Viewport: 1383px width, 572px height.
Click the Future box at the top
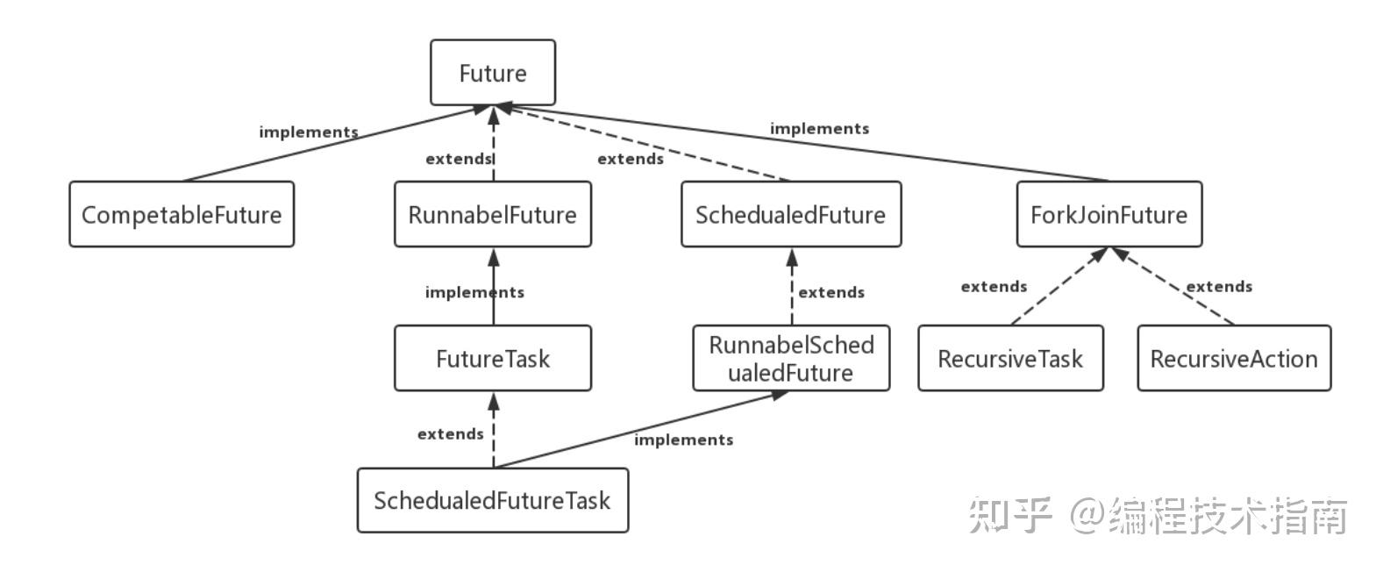pyautogui.click(x=492, y=73)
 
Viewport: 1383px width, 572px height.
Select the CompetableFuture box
pyautogui.click(x=182, y=215)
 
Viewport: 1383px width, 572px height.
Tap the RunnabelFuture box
pyautogui.click(x=492, y=215)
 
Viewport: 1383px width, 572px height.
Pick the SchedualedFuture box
pyautogui.click(x=790, y=215)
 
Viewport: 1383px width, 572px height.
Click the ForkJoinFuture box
pyautogui.click(x=1109, y=215)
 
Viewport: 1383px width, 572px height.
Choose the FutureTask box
pyautogui.click(x=492, y=359)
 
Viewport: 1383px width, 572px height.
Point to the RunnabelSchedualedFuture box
pyautogui.click(x=790, y=359)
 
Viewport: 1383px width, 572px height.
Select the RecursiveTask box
pyautogui.click(x=1010, y=359)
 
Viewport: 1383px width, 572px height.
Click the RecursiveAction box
pyautogui.click(x=1233, y=359)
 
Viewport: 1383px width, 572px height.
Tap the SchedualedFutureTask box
pyautogui.click(x=492, y=501)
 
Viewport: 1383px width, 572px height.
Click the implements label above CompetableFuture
pyautogui.click(x=309, y=132)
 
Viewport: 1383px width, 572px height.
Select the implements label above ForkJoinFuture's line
pyautogui.click(x=819, y=129)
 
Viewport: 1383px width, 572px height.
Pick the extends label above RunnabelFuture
pyautogui.click(x=458, y=159)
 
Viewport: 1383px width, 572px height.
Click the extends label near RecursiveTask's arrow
pyautogui.click(x=994, y=287)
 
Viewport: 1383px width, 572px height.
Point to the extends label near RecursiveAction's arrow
pyautogui.click(x=1219, y=287)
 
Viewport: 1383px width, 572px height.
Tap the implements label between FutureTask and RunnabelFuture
pyautogui.click(x=474, y=292)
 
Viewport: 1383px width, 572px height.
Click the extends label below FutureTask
pyautogui.click(x=450, y=434)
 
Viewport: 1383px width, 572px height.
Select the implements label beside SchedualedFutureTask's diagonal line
pyautogui.click(x=683, y=440)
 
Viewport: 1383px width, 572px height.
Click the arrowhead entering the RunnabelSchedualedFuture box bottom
pyautogui.click(x=778, y=395)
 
